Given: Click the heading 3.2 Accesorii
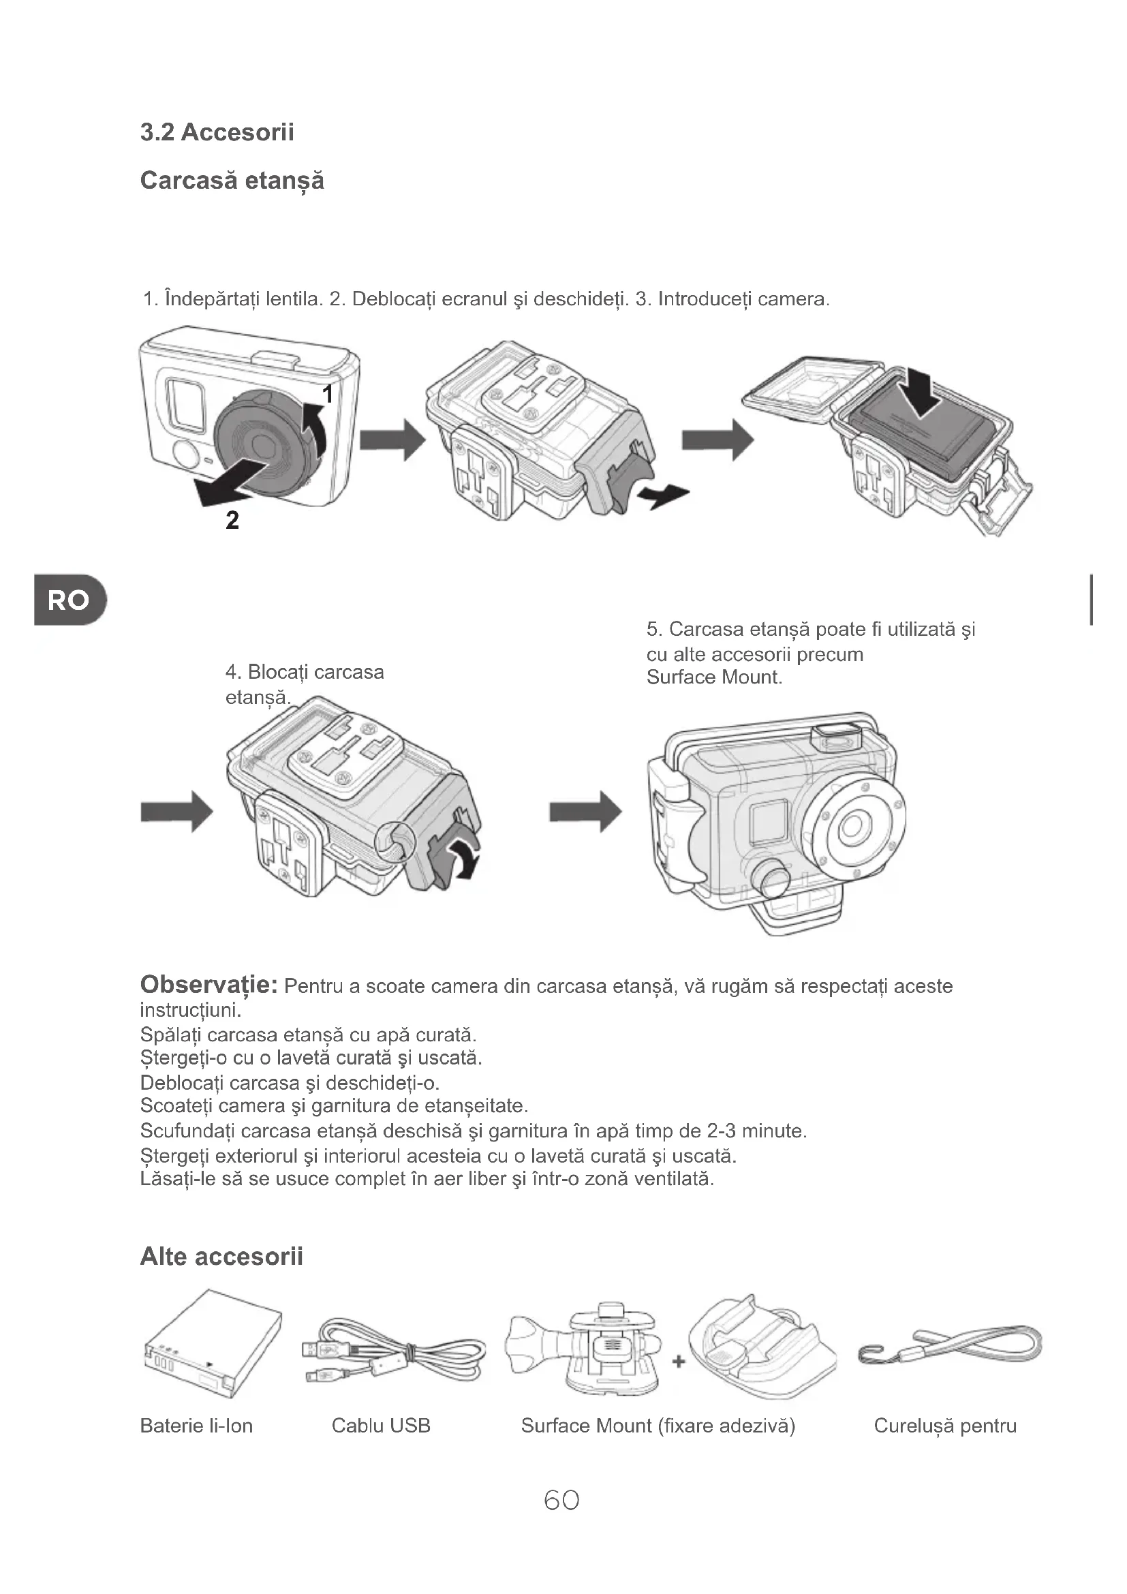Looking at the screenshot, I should (217, 132).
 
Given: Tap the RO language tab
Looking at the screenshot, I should (68, 600).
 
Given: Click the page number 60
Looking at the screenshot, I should (561, 1500).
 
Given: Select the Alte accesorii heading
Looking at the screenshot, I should (221, 1256).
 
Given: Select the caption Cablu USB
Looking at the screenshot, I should (381, 1425).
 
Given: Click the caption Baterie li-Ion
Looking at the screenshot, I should (196, 1425).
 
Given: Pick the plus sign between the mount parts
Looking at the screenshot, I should (679, 1362).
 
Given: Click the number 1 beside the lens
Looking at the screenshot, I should (328, 395).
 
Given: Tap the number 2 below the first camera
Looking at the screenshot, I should (232, 520).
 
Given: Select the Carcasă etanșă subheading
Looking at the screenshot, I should (232, 181).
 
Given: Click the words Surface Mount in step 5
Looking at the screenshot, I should (714, 677).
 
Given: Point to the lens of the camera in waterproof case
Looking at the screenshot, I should (852, 826).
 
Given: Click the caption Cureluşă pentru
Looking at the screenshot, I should (944, 1425).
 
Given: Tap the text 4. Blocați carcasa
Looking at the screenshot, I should (305, 672).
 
